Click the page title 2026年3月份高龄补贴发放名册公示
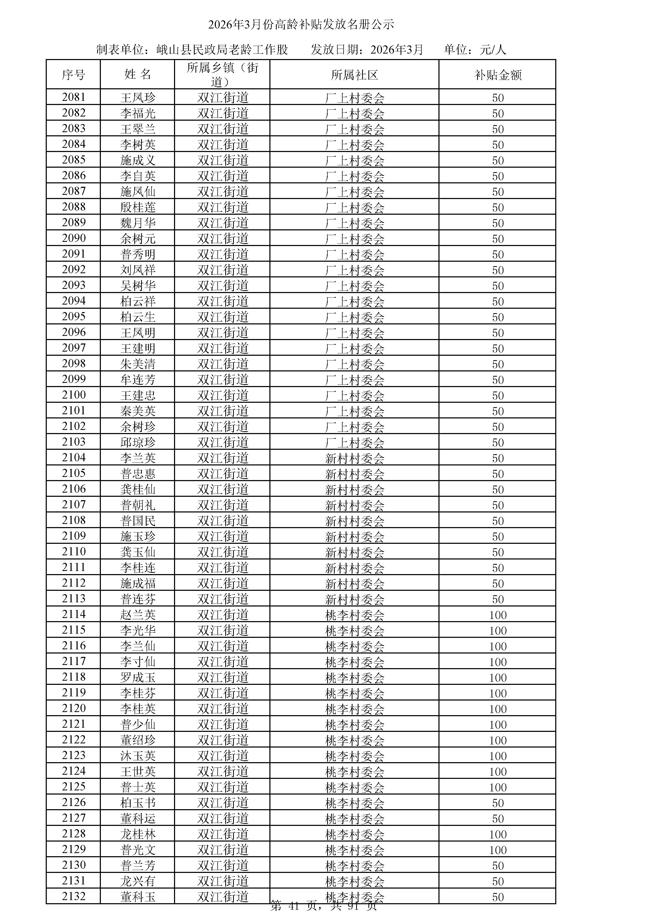pyautogui.click(x=301, y=25)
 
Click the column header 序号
pyautogui.click(x=73, y=75)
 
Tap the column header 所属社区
pyautogui.click(x=354, y=75)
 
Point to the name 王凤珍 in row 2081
pyautogui.click(x=138, y=98)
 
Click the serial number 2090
pyautogui.click(x=74, y=238)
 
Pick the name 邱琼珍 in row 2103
pyautogui.click(x=138, y=442)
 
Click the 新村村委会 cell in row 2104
pyautogui.click(x=354, y=458)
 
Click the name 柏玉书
pyautogui.click(x=138, y=803)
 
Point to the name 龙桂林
pyautogui.click(x=138, y=834)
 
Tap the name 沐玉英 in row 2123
pyautogui.click(x=138, y=756)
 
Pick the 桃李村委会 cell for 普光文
pyautogui.click(x=354, y=850)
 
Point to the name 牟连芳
pyautogui.click(x=138, y=380)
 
